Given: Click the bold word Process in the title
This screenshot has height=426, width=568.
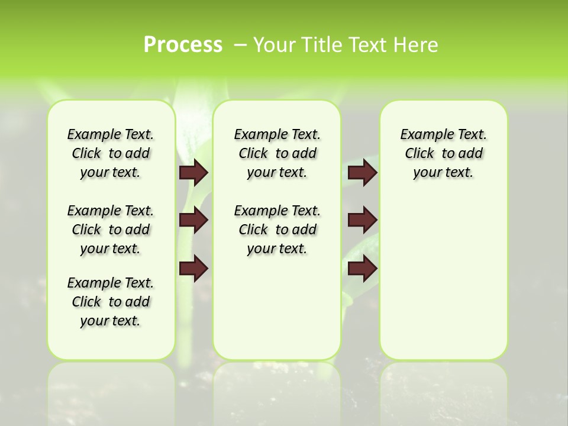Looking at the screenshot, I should click(x=183, y=45).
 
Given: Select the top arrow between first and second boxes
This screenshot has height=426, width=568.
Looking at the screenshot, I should click(x=193, y=172).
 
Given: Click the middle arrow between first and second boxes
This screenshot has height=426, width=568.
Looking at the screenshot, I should click(x=193, y=220).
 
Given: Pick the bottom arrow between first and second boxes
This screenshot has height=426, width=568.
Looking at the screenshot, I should click(x=193, y=268).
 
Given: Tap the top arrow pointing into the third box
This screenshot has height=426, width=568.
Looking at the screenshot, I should click(x=362, y=172).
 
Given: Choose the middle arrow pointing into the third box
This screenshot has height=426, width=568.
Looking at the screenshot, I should click(x=362, y=220).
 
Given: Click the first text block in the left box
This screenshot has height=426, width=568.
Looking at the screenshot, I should click(x=111, y=153).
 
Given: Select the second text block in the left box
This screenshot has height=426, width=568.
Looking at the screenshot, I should click(x=111, y=230).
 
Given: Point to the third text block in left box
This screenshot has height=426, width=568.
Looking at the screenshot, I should click(x=111, y=302).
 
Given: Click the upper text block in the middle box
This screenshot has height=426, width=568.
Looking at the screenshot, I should click(x=277, y=153).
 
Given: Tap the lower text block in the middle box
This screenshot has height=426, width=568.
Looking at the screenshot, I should click(x=277, y=230).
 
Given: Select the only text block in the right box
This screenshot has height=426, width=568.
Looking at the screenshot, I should click(x=443, y=153).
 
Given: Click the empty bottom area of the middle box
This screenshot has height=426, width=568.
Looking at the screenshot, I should click(x=277, y=314).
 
